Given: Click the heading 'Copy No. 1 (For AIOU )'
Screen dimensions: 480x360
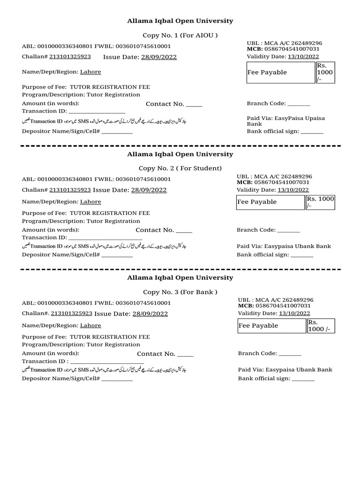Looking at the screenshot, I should click(180, 36).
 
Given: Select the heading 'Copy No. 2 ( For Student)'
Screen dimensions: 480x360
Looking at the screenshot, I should click(180, 168).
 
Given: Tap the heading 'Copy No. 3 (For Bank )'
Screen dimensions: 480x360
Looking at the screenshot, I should click(180, 292).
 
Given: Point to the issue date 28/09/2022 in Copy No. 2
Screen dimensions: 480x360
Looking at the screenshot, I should click(149, 190).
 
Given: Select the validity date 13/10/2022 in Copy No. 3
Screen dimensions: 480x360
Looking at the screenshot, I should click(294, 314).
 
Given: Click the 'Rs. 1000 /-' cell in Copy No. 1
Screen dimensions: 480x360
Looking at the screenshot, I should click(325, 72).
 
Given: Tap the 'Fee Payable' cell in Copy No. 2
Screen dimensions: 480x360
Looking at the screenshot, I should click(270, 202).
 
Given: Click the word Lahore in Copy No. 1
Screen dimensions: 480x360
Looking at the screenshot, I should click(90, 72).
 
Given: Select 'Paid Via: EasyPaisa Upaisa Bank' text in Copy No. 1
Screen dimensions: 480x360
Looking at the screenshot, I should click(286, 121).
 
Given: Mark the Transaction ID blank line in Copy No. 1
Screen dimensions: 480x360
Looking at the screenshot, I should click(97, 112).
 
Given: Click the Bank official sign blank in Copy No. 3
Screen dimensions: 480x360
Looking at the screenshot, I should click(303, 379).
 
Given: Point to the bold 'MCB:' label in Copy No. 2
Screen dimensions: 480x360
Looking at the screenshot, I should click(245, 182).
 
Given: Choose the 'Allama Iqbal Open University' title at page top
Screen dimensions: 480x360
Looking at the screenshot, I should click(180, 21).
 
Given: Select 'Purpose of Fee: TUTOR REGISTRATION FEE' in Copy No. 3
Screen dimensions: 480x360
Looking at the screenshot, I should click(86, 337).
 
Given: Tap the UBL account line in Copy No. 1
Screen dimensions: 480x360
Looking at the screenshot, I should click(285, 43).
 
